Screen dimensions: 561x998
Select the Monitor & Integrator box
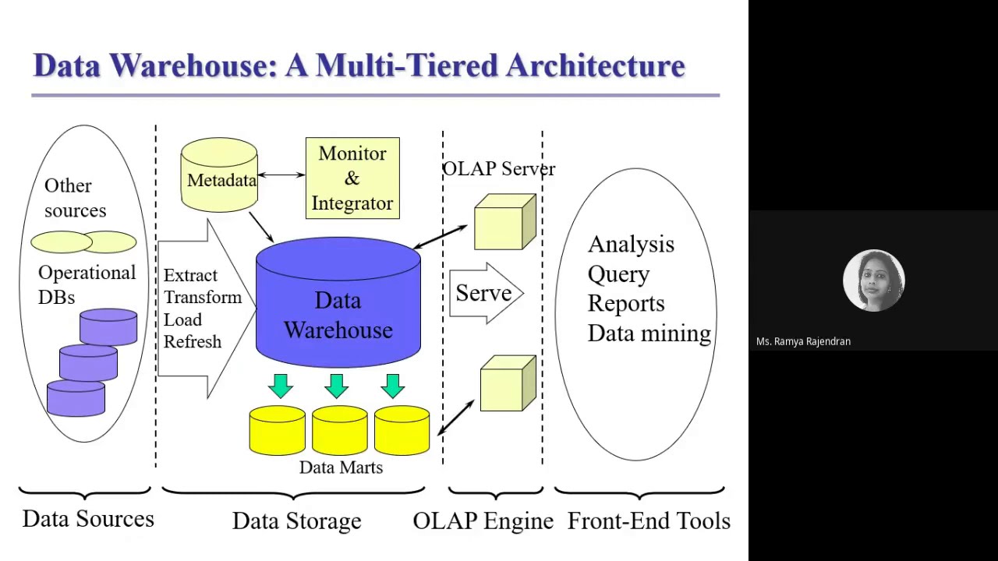352,178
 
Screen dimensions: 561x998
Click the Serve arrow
485,293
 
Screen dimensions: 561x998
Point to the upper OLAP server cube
504,224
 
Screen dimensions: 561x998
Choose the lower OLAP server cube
508,384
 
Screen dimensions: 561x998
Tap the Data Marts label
341,467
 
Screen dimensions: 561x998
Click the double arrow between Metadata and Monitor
281,175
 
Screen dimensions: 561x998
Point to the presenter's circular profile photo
873,280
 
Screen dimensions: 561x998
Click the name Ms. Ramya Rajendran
803,341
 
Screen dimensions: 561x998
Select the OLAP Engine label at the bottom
483,520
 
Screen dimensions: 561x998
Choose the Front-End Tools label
649,520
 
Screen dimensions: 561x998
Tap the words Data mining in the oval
649,333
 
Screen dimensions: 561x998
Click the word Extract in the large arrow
190,276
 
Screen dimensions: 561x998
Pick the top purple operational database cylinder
108,326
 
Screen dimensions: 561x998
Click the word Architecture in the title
595,65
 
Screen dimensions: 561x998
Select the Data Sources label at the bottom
88,519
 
